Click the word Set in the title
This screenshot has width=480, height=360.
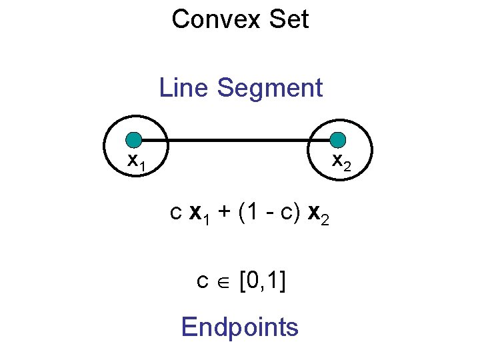click(x=289, y=19)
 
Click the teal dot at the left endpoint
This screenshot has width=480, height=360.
click(x=135, y=140)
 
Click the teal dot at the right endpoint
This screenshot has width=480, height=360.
click(x=338, y=140)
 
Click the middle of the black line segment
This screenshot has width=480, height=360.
click(x=237, y=141)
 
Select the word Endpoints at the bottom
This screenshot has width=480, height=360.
click(x=240, y=327)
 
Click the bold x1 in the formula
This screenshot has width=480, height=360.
click(x=198, y=215)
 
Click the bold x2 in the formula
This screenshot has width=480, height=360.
click(x=316, y=215)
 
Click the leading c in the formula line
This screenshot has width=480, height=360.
click(x=176, y=215)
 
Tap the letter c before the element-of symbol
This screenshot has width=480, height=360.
click(x=203, y=283)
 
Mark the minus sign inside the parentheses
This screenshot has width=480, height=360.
click(x=266, y=215)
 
